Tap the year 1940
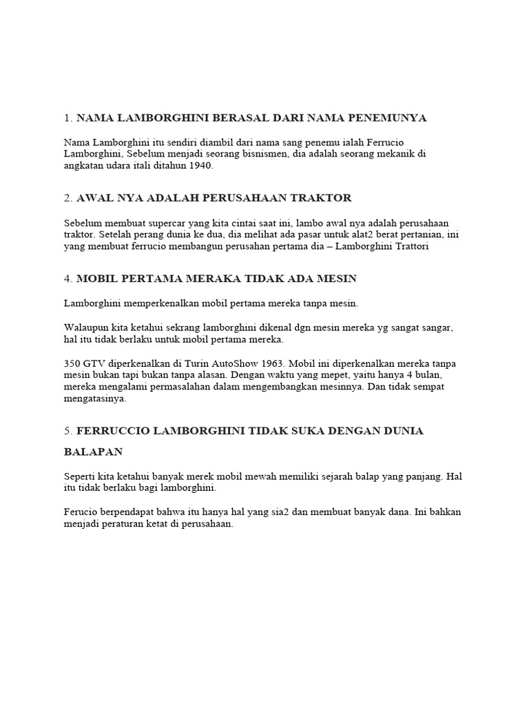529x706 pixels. pyautogui.click(x=199, y=166)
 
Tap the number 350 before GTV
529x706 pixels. pyautogui.click(x=72, y=363)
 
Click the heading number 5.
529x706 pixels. pyautogui.click(x=68, y=430)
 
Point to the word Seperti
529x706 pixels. pyautogui.click(x=80, y=476)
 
